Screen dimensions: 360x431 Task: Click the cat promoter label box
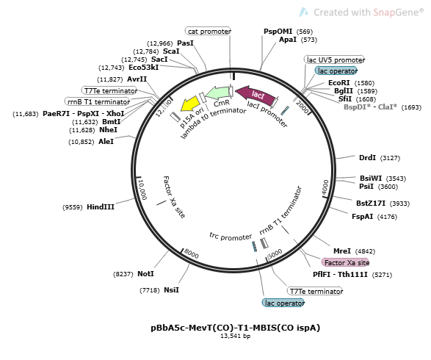(x=208, y=31)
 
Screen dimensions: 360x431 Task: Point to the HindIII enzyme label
(x=101, y=207)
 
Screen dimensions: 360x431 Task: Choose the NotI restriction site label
(x=145, y=273)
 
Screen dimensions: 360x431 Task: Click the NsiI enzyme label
(x=171, y=290)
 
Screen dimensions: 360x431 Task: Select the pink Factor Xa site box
(x=345, y=262)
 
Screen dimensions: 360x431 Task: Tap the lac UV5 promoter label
(x=335, y=60)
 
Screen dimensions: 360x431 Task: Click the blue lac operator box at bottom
(x=283, y=303)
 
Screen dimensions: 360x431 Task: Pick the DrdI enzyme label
(x=367, y=157)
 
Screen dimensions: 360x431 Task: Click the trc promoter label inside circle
(x=231, y=237)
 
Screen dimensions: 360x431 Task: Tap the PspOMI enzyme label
(x=278, y=31)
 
